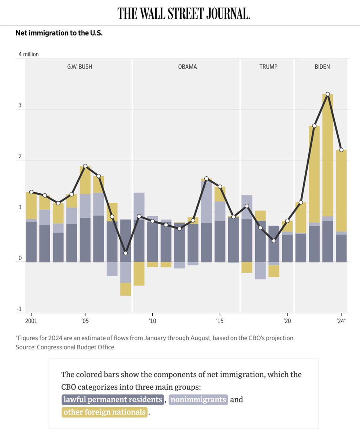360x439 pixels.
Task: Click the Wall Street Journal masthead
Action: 183,13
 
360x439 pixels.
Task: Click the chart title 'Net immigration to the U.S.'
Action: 59,33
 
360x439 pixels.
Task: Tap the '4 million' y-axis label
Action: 29,54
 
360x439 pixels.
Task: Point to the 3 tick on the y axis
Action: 20,105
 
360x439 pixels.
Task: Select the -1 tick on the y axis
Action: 19,309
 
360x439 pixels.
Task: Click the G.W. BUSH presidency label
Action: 79,67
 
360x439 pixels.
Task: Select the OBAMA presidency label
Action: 187,67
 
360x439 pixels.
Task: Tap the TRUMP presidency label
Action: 268,67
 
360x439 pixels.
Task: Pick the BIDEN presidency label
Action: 322,67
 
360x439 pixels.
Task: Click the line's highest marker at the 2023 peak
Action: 328,94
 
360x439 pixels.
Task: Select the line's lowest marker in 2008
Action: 126,253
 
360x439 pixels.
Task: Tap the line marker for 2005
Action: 85,166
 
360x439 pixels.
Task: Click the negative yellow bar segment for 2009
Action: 139,274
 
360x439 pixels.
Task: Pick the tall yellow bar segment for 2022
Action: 314,174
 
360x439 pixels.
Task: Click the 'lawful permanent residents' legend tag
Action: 113,399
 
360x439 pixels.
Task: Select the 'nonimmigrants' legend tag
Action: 198,399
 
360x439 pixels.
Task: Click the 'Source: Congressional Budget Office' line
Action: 65,347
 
